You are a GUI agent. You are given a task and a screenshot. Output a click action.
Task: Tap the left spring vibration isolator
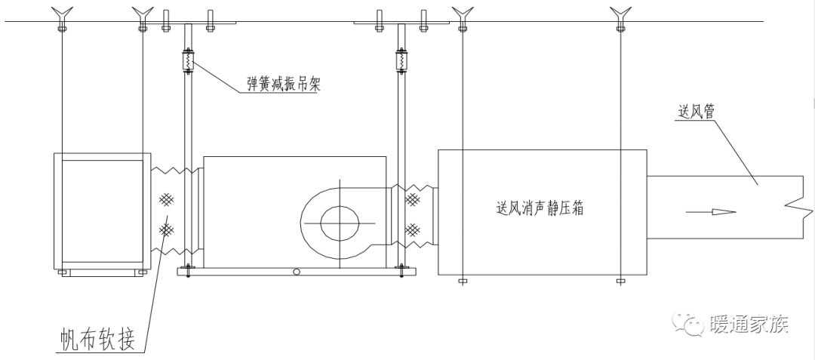point(188,60)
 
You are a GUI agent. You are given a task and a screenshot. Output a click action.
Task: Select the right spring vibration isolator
point(401,60)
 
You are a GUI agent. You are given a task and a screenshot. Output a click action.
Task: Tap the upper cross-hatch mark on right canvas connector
point(413,200)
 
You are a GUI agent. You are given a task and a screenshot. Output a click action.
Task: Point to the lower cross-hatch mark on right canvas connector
point(413,228)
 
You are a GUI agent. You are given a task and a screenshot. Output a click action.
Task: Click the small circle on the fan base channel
point(297,272)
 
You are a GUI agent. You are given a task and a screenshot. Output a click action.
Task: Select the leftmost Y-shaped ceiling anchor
point(61,13)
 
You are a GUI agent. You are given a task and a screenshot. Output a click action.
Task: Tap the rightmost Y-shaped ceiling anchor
point(620,13)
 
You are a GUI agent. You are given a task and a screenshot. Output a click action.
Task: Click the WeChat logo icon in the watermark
point(688,323)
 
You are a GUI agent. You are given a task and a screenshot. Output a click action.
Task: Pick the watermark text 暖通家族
point(749,325)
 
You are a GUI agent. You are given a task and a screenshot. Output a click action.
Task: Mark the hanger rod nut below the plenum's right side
point(620,282)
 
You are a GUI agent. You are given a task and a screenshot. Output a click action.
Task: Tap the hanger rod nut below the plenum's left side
point(462,282)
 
